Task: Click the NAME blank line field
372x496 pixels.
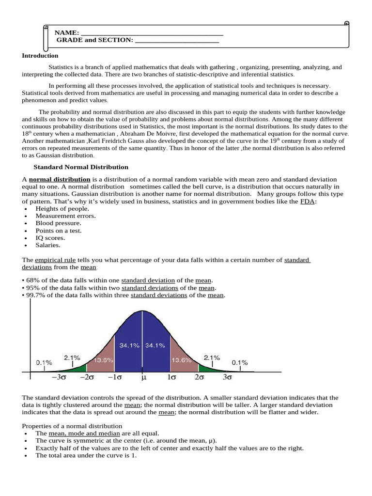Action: pos(152,33)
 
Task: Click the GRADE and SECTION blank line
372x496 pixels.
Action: pos(177,40)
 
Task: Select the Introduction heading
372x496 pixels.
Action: pos(40,56)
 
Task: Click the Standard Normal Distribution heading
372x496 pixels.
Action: pos(80,167)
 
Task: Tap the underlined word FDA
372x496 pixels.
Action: pos(308,201)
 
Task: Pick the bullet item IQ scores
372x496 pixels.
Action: pos(50,238)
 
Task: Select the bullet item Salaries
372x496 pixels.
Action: pos(47,245)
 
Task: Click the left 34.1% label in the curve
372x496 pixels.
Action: pos(129,345)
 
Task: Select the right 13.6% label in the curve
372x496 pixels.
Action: pos(181,360)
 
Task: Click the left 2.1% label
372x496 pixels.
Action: pos(72,357)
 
